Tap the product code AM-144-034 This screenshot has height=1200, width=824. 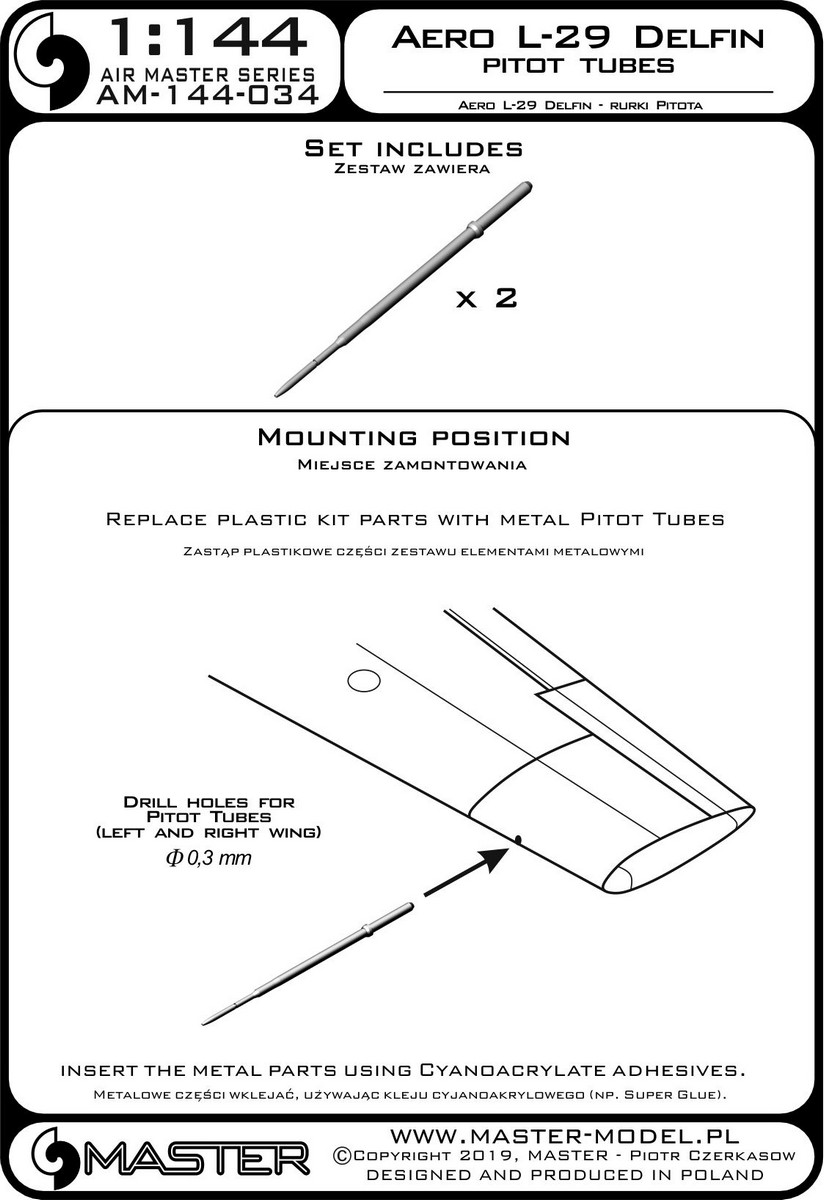(208, 96)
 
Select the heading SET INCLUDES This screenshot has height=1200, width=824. (414, 148)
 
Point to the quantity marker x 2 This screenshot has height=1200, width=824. (486, 298)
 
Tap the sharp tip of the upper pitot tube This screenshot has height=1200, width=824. (276, 395)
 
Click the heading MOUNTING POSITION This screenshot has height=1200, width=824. (414, 438)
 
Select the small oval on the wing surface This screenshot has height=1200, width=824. (364, 681)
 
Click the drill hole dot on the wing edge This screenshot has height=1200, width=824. (518, 838)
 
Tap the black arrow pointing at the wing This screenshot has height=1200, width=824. (466, 871)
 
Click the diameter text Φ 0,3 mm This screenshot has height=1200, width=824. (209, 858)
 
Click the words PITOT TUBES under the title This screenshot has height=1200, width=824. (578, 65)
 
